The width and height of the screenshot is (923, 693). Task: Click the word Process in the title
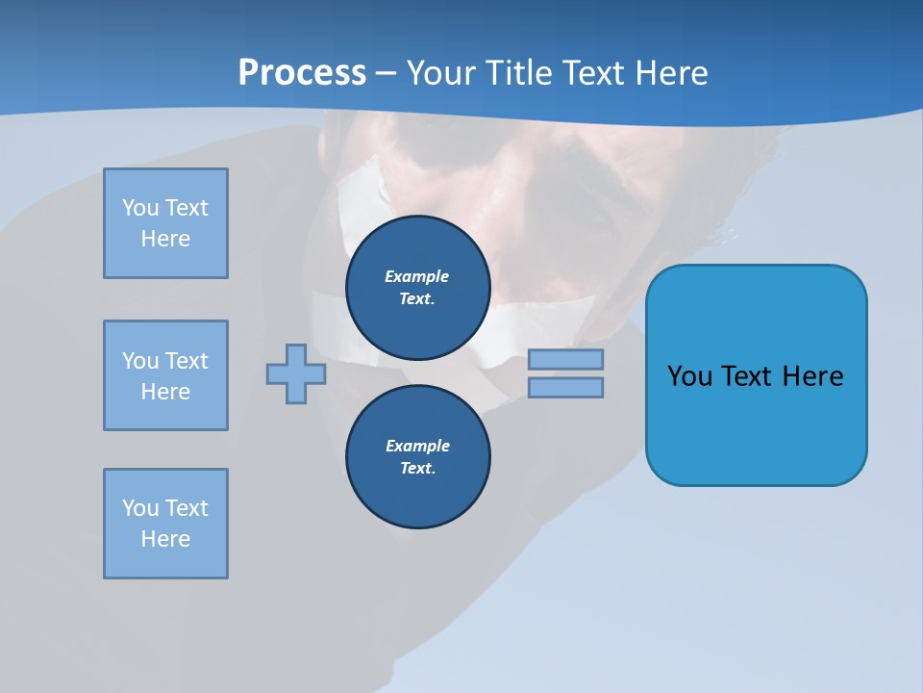302,73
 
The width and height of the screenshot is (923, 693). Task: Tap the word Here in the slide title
671,73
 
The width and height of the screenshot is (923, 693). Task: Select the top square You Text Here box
165,223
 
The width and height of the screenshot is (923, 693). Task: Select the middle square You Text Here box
165,375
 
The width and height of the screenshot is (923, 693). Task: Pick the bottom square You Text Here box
165,524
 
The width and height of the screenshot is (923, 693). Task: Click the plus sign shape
296,373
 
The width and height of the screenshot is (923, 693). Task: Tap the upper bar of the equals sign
565,359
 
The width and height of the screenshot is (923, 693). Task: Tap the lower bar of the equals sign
565,387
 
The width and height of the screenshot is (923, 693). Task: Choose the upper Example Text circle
417,287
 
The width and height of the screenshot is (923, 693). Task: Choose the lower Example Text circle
417,456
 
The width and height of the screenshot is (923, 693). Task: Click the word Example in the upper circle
417,276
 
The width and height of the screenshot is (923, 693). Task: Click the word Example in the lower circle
417,446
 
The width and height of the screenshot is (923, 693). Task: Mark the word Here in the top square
165,239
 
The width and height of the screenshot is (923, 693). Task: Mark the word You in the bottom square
140,508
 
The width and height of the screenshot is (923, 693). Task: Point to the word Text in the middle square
187,361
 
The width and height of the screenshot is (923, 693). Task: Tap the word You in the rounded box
689,376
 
